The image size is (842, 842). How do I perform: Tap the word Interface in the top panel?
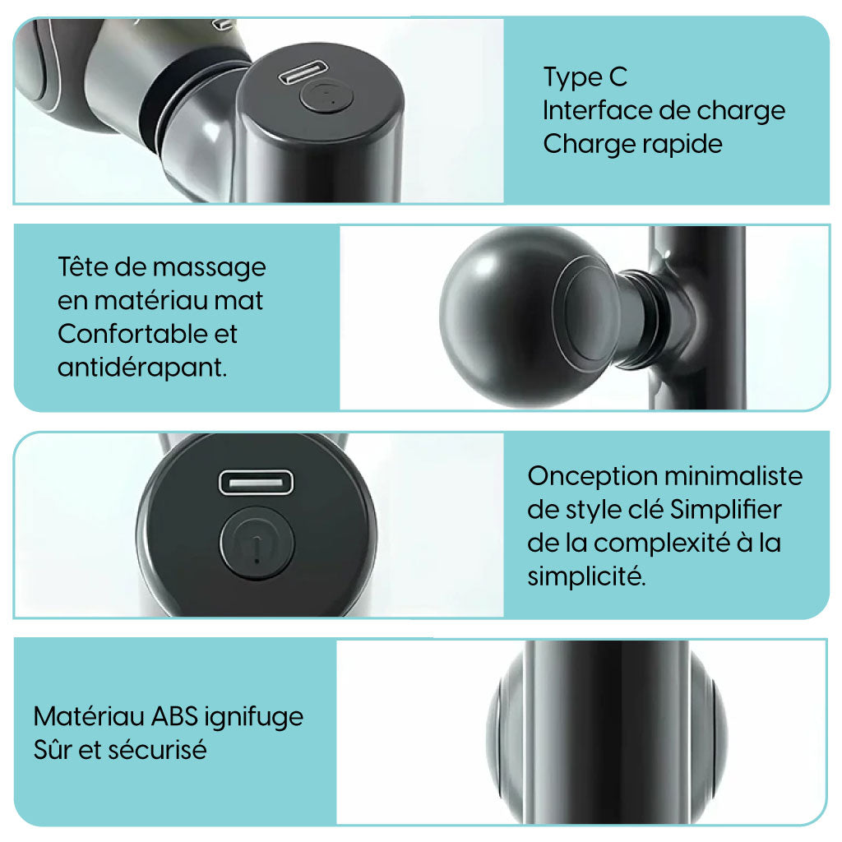(597, 111)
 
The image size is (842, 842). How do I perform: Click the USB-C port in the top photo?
(303, 72)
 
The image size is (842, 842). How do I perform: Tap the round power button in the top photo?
(326, 96)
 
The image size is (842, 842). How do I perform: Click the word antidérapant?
(142, 368)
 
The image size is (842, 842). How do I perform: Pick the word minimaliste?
(733, 476)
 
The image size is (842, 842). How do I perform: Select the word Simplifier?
(726, 510)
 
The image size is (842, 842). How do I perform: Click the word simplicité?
(586, 577)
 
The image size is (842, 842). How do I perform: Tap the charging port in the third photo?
(257, 482)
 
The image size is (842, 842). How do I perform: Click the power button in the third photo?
(257, 543)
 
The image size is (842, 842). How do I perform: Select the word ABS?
(175, 716)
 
